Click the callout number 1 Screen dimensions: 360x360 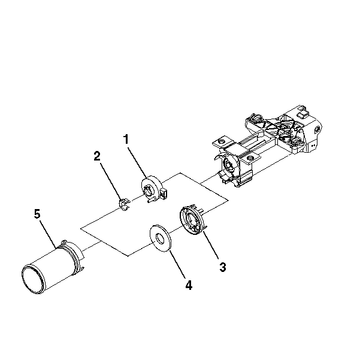click(126, 139)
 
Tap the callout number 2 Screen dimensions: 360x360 click(97, 156)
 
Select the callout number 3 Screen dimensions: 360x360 click(222, 267)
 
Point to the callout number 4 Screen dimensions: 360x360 click(189, 285)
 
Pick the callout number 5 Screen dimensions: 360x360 click(37, 214)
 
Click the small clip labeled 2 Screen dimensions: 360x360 click(124, 205)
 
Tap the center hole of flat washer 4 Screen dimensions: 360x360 click(160, 238)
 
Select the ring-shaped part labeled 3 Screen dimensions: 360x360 click(192, 220)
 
